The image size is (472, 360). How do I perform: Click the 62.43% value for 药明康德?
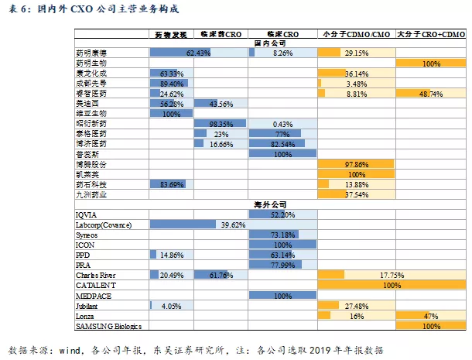[x=199, y=53]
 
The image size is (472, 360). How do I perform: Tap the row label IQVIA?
[x=87, y=214]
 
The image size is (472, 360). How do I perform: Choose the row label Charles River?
[x=96, y=275]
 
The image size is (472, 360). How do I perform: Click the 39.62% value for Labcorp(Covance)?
[x=233, y=225]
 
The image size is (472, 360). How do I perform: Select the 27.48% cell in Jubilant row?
[x=356, y=305]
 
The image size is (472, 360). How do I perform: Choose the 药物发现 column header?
[x=169, y=35]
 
